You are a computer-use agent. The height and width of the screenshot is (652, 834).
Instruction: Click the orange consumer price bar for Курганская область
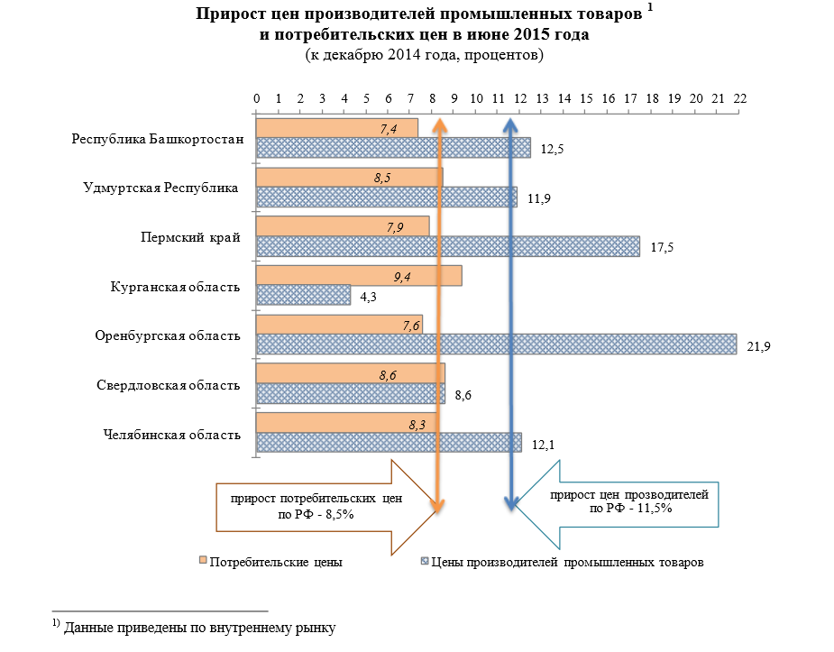(359, 276)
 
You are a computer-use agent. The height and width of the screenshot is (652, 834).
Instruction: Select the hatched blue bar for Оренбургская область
(496, 344)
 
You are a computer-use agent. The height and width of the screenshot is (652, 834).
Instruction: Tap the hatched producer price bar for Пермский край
(447, 246)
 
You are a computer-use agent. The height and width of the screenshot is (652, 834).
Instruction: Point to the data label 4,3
(370, 296)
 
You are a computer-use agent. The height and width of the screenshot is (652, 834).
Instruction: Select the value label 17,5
(662, 247)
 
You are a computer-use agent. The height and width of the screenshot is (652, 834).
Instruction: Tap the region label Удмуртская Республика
(160, 188)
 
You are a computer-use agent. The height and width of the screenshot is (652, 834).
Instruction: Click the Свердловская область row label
(169, 386)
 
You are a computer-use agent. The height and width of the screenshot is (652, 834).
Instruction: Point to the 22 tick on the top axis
(740, 97)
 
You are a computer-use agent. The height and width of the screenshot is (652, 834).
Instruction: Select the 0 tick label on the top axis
(257, 97)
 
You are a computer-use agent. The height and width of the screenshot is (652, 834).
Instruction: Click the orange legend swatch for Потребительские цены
(203, 562)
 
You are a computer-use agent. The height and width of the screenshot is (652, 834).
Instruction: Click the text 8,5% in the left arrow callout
(335, 514)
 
